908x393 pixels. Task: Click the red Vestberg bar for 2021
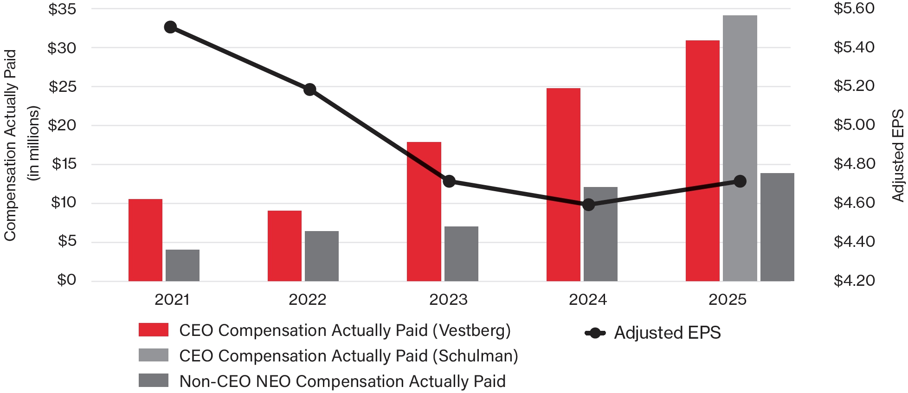(145, 240)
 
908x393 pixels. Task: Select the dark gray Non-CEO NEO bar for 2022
(322, 256)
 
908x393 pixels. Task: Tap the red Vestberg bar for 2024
(563, 185)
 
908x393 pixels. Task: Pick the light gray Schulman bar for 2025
(740, 148)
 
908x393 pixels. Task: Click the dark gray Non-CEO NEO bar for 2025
(777, 227)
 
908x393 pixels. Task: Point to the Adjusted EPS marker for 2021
(170, 27)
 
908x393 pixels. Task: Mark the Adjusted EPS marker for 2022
(310, 90)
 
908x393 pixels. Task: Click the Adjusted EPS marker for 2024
(588, 205)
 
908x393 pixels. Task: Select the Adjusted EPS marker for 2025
(740, 181)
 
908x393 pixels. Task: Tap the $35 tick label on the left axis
(62, 9)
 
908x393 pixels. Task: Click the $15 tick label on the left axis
(64, 164)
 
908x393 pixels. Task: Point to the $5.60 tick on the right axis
(854, 8)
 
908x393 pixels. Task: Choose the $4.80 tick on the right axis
(854, 163)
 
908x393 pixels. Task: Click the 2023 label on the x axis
(448, 300)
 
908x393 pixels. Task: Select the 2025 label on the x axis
(727, 300)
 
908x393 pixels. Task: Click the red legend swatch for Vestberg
(154, 330)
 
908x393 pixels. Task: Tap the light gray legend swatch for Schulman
(154, 355)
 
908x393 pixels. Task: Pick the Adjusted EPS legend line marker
(595, 333)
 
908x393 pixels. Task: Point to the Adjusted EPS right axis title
(898, 156)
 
